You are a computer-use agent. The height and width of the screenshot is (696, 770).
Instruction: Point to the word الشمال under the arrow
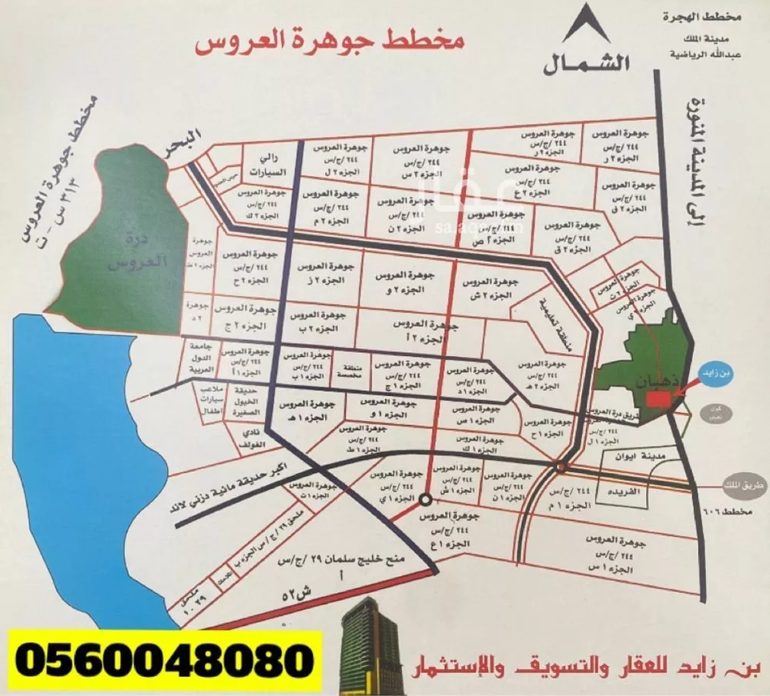(588, 64)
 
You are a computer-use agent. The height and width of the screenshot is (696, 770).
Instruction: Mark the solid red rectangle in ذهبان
(658, 400)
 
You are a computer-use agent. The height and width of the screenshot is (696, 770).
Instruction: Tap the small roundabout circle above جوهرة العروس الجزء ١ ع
(425, 501)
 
